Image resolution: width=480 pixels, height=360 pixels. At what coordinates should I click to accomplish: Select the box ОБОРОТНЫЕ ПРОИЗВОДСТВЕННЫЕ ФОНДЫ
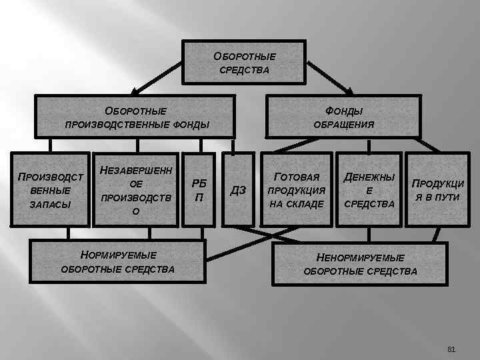[136, 117]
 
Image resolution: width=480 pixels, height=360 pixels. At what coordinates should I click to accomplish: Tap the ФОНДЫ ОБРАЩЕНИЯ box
[343, 117]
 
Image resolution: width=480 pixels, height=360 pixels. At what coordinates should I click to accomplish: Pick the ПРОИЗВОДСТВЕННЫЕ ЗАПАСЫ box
[51, 190]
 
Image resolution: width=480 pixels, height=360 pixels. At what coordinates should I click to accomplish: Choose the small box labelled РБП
[199, 190]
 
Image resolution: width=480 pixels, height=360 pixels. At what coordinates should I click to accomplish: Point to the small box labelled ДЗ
[239, 190]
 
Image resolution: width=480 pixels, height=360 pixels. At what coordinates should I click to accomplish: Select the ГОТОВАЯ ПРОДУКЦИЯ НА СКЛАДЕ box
[297, 190]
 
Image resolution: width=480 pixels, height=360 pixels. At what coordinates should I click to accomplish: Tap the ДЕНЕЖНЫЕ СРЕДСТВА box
[369, 190]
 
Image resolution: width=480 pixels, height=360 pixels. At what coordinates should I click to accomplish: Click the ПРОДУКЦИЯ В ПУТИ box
[437, 190]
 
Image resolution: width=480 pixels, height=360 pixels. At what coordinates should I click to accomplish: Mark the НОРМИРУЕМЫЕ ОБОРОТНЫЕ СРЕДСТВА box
[118, 262]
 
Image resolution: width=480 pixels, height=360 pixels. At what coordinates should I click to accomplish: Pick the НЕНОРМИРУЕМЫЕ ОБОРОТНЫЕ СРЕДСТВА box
[360, 263]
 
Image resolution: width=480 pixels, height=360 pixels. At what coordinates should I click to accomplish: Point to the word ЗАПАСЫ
[51, 204]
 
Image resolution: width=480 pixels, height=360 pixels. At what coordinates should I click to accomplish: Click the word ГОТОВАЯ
[297, 177]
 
